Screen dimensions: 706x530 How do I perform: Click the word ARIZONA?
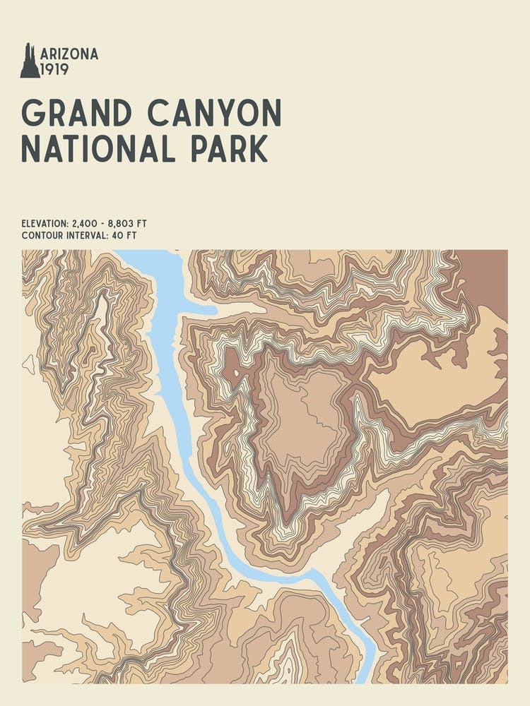pyautogui.click(x=69, y=54)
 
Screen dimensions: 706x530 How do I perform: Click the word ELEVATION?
pyautogui.click(x=45, y=224)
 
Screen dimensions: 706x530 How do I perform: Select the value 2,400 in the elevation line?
pyautogui.click(x=86, y=224)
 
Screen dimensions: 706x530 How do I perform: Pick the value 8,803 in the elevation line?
pyautogui.click(x=122, y=224)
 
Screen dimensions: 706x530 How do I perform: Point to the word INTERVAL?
pyautogui.click(x=85, y=236)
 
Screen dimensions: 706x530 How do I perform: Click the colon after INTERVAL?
pyautogui.click(x=107, y=236)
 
